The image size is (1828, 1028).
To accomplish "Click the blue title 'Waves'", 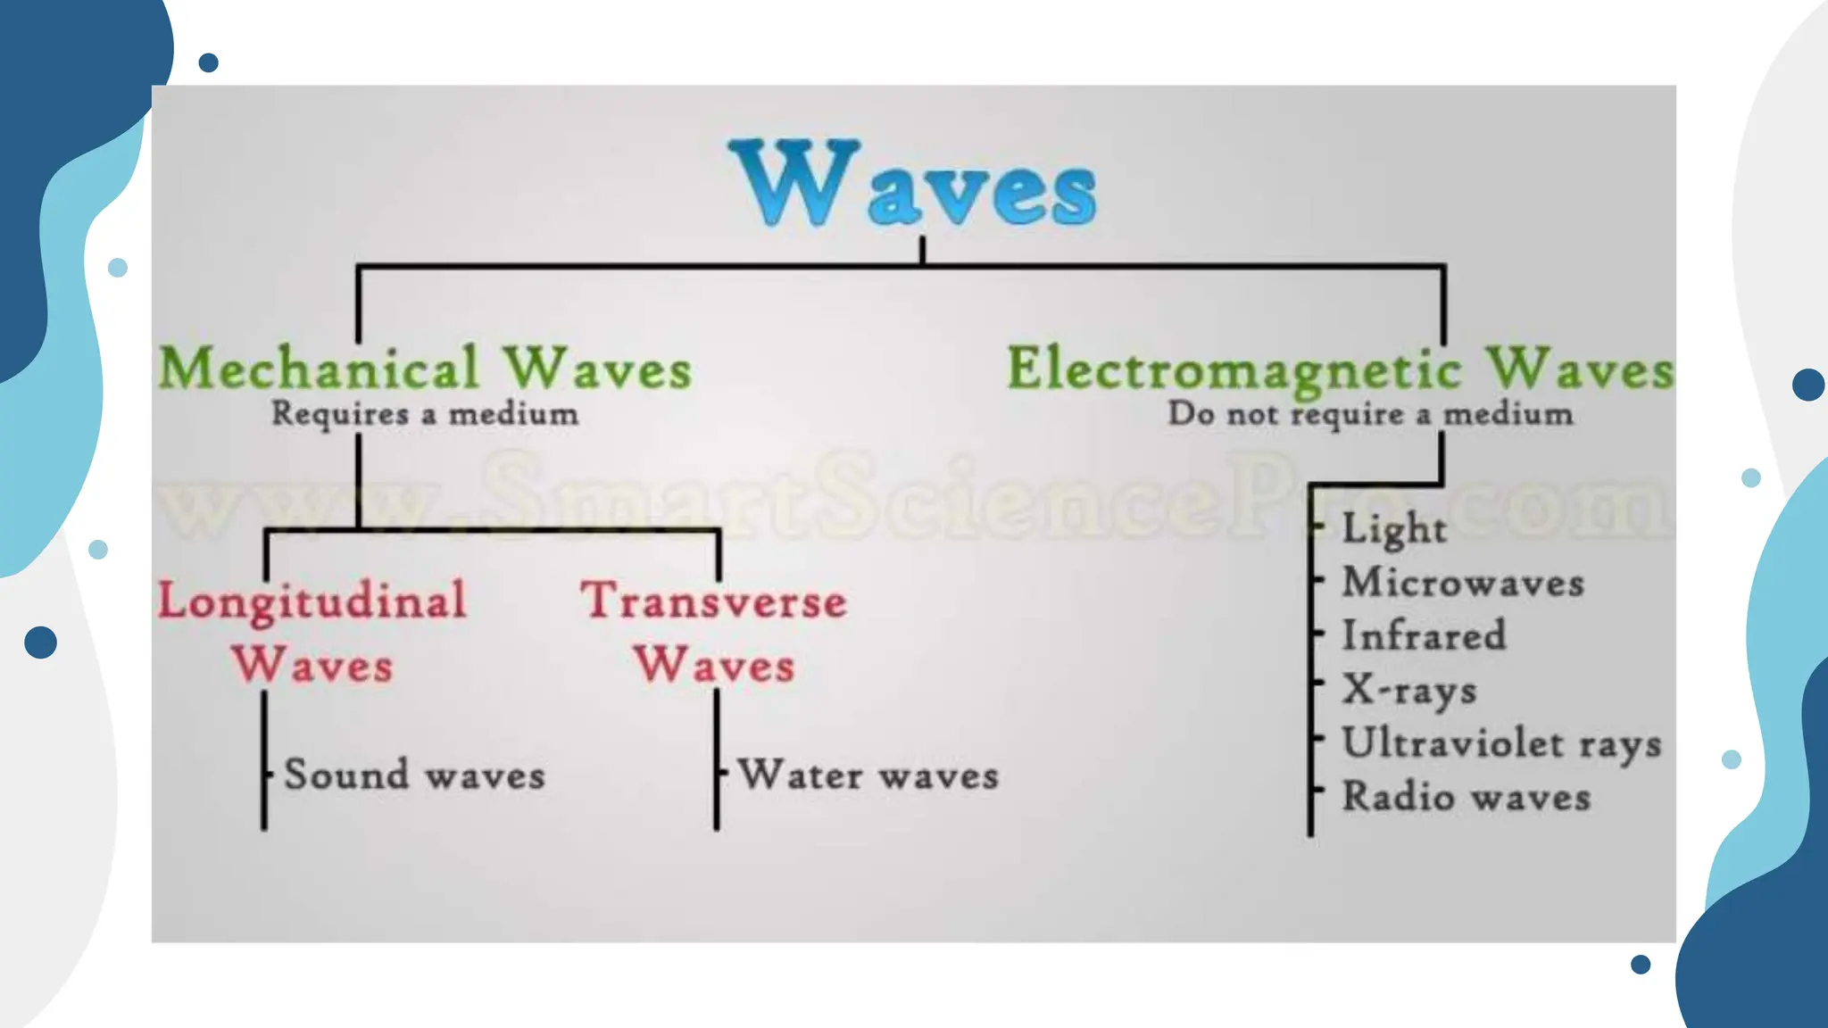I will [912, 186].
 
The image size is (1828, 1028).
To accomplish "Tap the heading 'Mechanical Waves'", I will [425, 369].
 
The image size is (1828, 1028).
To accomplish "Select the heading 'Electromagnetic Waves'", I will [1340, 369].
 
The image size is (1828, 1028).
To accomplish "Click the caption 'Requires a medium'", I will [425, 414].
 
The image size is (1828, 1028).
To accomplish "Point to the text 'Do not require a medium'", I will [1370, 414].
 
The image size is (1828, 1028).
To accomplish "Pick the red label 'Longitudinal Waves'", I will [312, 632].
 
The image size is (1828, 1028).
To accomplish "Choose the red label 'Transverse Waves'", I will [714, 632].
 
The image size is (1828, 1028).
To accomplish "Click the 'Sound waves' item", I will [414, 775].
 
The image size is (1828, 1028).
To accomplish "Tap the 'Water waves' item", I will [868, 775].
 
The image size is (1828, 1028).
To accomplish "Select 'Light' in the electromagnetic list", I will [1394, 528].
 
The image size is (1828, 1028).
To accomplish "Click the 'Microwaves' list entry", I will [1463, 583].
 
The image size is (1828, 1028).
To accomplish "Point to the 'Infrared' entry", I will [1424, 636].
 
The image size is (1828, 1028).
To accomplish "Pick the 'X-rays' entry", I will [1409, 690].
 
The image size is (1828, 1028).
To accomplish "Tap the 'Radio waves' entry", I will [1467, 797].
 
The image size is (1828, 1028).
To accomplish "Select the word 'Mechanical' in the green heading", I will [319, 369].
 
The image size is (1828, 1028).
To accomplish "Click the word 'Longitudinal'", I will [312, 601].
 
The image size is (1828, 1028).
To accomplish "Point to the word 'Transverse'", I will [714, 601].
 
